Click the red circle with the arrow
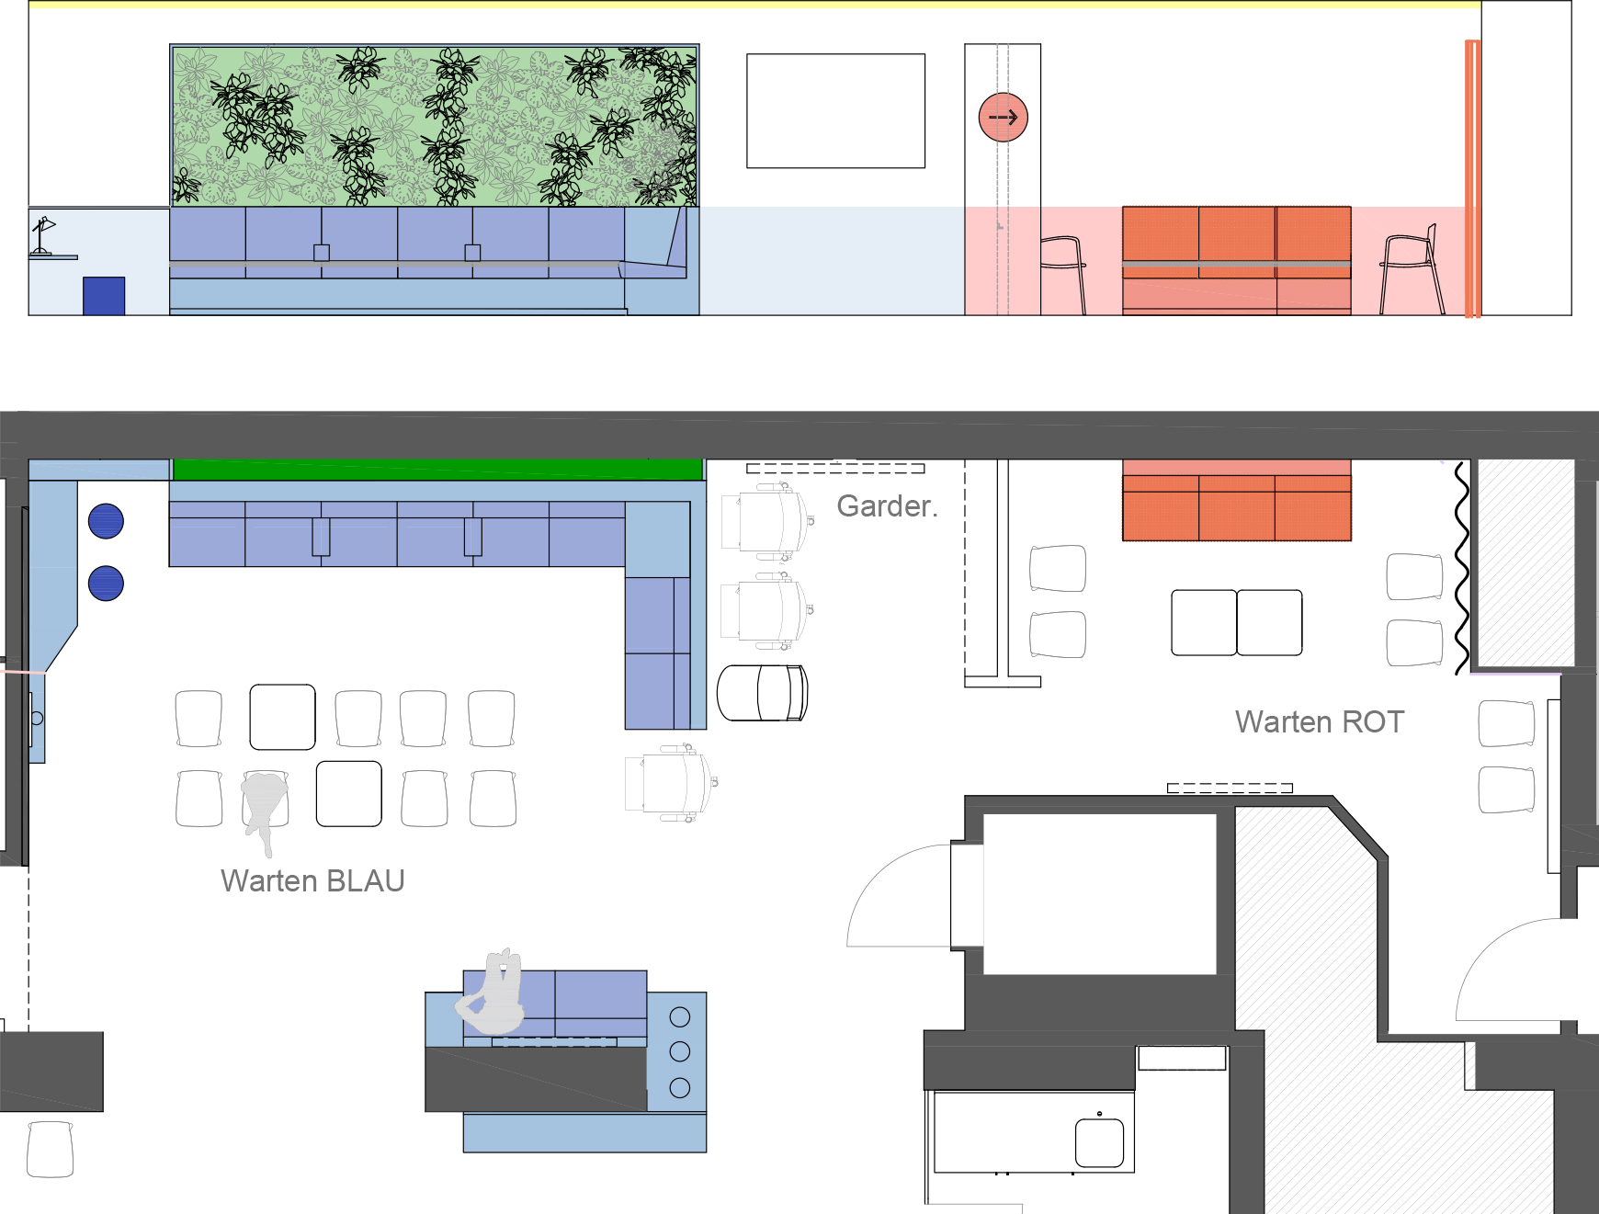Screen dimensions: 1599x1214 1003,118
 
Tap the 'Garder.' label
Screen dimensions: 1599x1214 888,506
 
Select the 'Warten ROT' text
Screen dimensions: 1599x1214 1320,722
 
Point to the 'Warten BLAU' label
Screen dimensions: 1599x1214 312,881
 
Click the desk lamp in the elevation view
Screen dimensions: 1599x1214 42,235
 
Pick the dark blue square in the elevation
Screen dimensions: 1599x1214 104,296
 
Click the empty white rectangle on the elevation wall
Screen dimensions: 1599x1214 835,111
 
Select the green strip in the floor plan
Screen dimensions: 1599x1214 437,469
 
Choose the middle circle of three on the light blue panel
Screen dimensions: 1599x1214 680,1051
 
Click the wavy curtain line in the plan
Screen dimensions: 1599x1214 1462,567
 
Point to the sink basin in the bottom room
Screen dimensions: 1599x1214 1099,1141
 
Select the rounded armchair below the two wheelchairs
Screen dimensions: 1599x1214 762,693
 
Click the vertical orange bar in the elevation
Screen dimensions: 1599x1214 1472,178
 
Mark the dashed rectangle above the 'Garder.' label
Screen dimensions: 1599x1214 835,469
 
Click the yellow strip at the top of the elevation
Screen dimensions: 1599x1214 754,5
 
